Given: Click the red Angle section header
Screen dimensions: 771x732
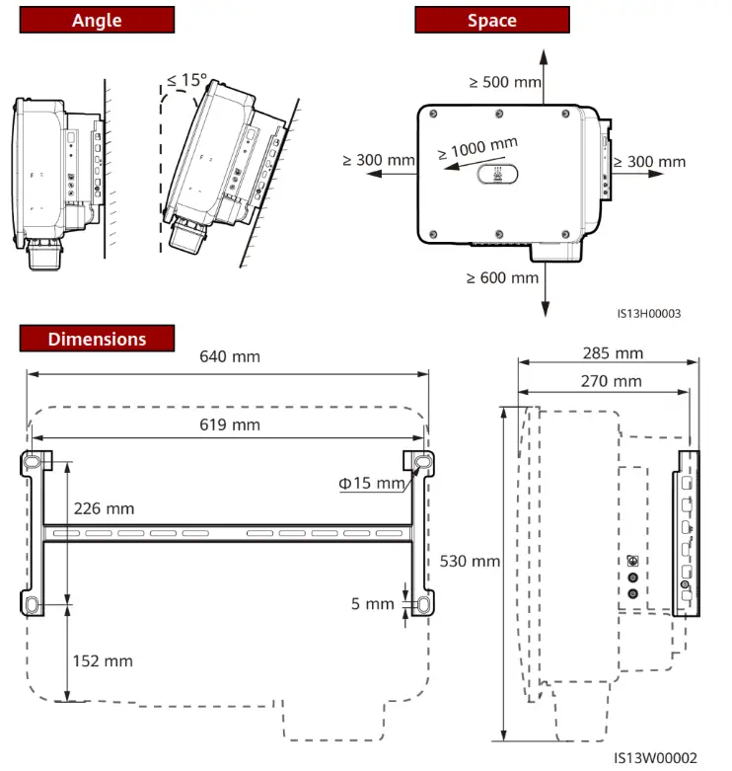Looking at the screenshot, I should pos(97,20).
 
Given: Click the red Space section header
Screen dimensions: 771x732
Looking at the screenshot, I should pos(491,20).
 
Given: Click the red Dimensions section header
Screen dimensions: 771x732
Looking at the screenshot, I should pos(97,339).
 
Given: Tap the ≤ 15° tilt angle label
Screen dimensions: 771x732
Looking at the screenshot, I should pos(187,80).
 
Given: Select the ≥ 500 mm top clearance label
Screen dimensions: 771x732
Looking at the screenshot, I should pos(504,82).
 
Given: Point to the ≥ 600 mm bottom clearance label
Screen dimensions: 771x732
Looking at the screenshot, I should pos(502,277).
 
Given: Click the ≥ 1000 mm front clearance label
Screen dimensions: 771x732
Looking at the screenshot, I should pos(478,150).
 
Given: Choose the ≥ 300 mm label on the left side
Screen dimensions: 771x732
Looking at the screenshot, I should pos(379,160).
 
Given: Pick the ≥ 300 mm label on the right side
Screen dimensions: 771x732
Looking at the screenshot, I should pos(649,162).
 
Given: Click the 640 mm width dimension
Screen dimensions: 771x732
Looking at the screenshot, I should pos(231,355).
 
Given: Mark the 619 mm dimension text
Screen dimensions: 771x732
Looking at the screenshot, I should pos(231,424).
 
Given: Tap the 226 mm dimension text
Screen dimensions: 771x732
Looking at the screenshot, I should pos(104,508).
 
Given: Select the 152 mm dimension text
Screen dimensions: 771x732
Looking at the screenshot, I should pos(103,660).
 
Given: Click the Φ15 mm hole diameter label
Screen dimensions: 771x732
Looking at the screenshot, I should pos(372,483).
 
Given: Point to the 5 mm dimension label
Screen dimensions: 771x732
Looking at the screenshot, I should pos(372,604).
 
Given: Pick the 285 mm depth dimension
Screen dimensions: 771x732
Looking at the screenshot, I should pos(613,352).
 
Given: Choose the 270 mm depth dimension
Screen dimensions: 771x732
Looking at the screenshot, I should pos(611,380).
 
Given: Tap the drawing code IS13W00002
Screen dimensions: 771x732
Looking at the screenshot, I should pos(654,758).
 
